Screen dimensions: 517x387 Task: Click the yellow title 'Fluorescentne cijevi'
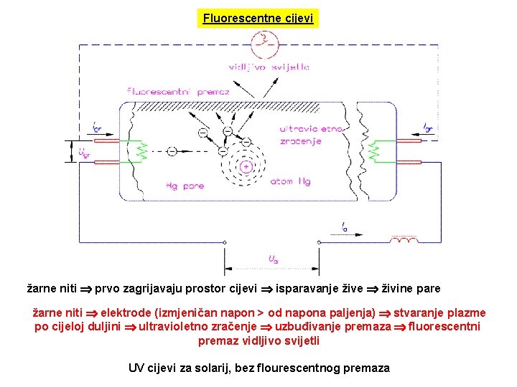(258, 18)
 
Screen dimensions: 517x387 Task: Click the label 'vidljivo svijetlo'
(269, 67)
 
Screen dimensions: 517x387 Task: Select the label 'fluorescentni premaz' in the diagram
(177, 91)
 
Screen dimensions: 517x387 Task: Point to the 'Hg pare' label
(185, 186)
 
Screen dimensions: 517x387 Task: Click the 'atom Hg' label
(290, 181)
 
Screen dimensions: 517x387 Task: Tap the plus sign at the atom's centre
(246, 167)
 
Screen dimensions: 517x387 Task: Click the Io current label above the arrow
(345, 227)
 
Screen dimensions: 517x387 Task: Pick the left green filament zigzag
(141, 151)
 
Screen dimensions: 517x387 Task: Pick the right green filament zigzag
(373, 151)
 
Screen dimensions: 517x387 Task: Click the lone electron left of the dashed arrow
(172, 151)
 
